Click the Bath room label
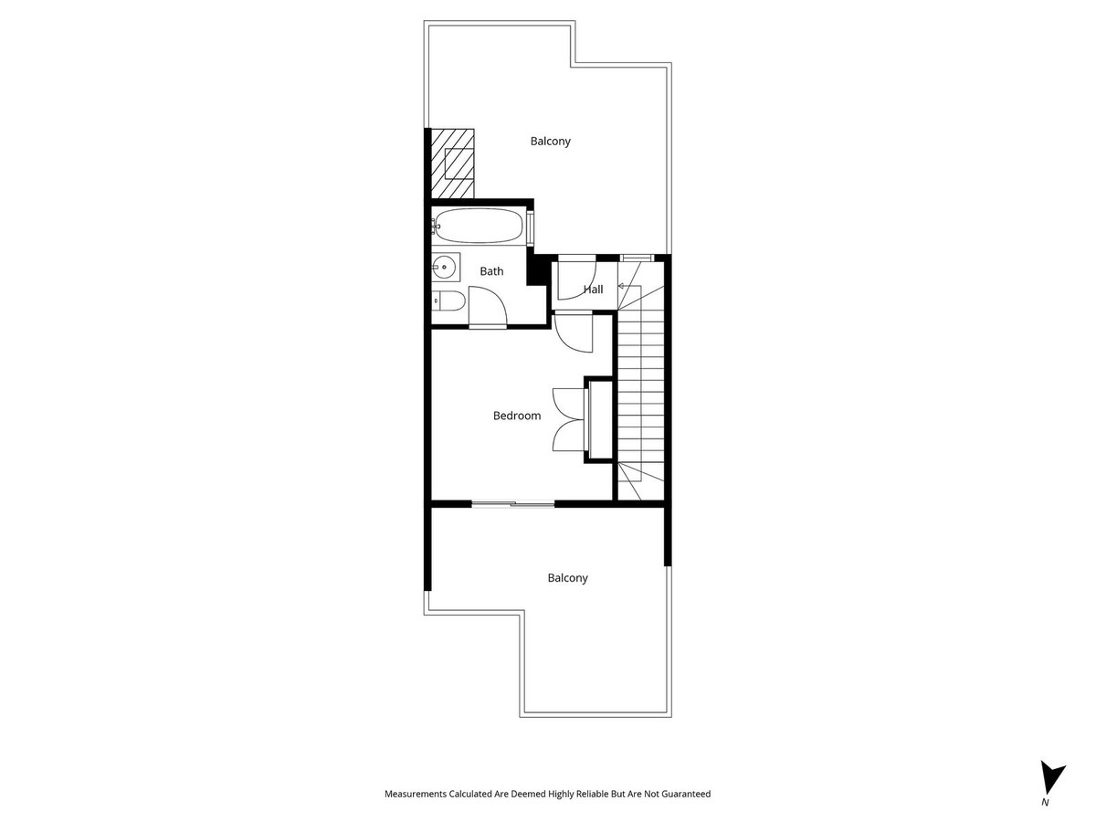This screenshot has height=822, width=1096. coord(491,271)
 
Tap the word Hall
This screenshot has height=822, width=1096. coord(594,290)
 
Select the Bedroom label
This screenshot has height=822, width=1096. coord(517,416)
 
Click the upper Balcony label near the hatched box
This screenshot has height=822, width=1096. coord(551,142)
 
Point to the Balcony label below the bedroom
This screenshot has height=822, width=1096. coord(568,578)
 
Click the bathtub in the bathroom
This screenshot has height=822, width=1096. coord(479,226)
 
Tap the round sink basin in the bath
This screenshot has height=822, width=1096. coord(444,269)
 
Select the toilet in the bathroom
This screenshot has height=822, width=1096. coord(447,300)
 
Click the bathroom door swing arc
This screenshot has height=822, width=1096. coord(487,305)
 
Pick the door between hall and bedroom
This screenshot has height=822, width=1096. coord(573,332)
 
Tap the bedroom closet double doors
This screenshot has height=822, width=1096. coord(567,418)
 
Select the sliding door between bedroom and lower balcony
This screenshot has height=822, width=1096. coord(513,503)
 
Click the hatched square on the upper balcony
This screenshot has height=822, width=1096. coord(454,163)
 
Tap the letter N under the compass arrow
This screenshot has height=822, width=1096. coord(1045,802)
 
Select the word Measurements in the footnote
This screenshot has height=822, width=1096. coord(416,795)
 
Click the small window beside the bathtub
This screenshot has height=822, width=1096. coord(531,227)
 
